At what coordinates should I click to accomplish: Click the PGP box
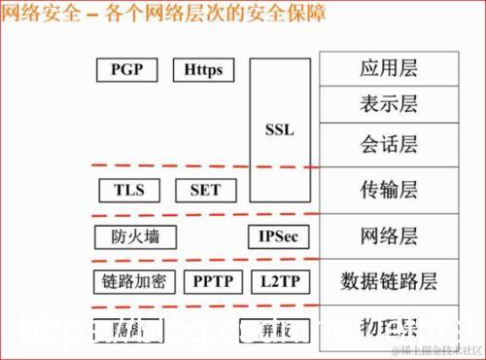pos(127,70)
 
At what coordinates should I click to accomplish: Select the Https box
pos(204,70)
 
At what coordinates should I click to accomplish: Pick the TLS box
pos(128,190)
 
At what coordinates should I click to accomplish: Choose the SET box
pos(205,190)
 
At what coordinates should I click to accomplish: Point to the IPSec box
pos(280,236)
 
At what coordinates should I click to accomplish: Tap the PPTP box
pos(211,282)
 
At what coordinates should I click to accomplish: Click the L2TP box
pos(279,282)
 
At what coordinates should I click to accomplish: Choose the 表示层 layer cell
pos(389,104)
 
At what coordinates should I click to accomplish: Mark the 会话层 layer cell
pos(389,144)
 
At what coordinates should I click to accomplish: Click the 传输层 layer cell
pos(389,191)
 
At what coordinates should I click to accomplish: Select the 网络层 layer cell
pos(389,236)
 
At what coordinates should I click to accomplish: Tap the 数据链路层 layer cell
pos(389,282)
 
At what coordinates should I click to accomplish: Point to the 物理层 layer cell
pos(389,323)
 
